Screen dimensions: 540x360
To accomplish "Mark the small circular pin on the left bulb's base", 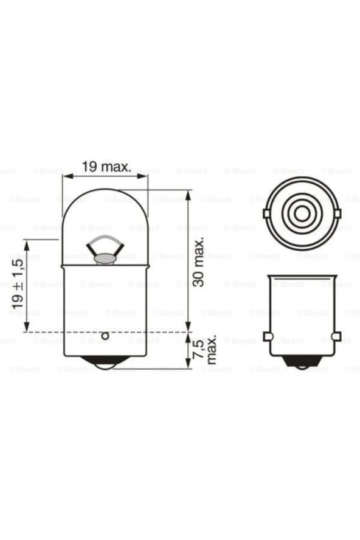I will tap(105, 336).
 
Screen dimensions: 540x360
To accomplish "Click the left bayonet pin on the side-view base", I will tap(266, 336).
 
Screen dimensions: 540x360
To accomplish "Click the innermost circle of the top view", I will tap(301, 213).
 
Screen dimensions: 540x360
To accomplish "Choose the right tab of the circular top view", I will tap(336, 213).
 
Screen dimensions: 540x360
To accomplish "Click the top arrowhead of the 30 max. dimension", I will tap(188, 194).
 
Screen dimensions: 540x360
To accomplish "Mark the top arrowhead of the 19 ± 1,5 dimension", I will tap(27, 243).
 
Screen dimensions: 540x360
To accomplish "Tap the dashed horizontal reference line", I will tap(122, 332).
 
